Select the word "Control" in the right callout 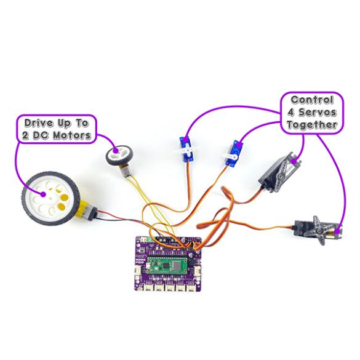pos(311,100)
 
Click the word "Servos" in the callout pos(319,112)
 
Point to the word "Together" pos(311,124)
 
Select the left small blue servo pos(186,150)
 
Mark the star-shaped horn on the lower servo pos(318,224)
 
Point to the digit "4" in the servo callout pos(290,112)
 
